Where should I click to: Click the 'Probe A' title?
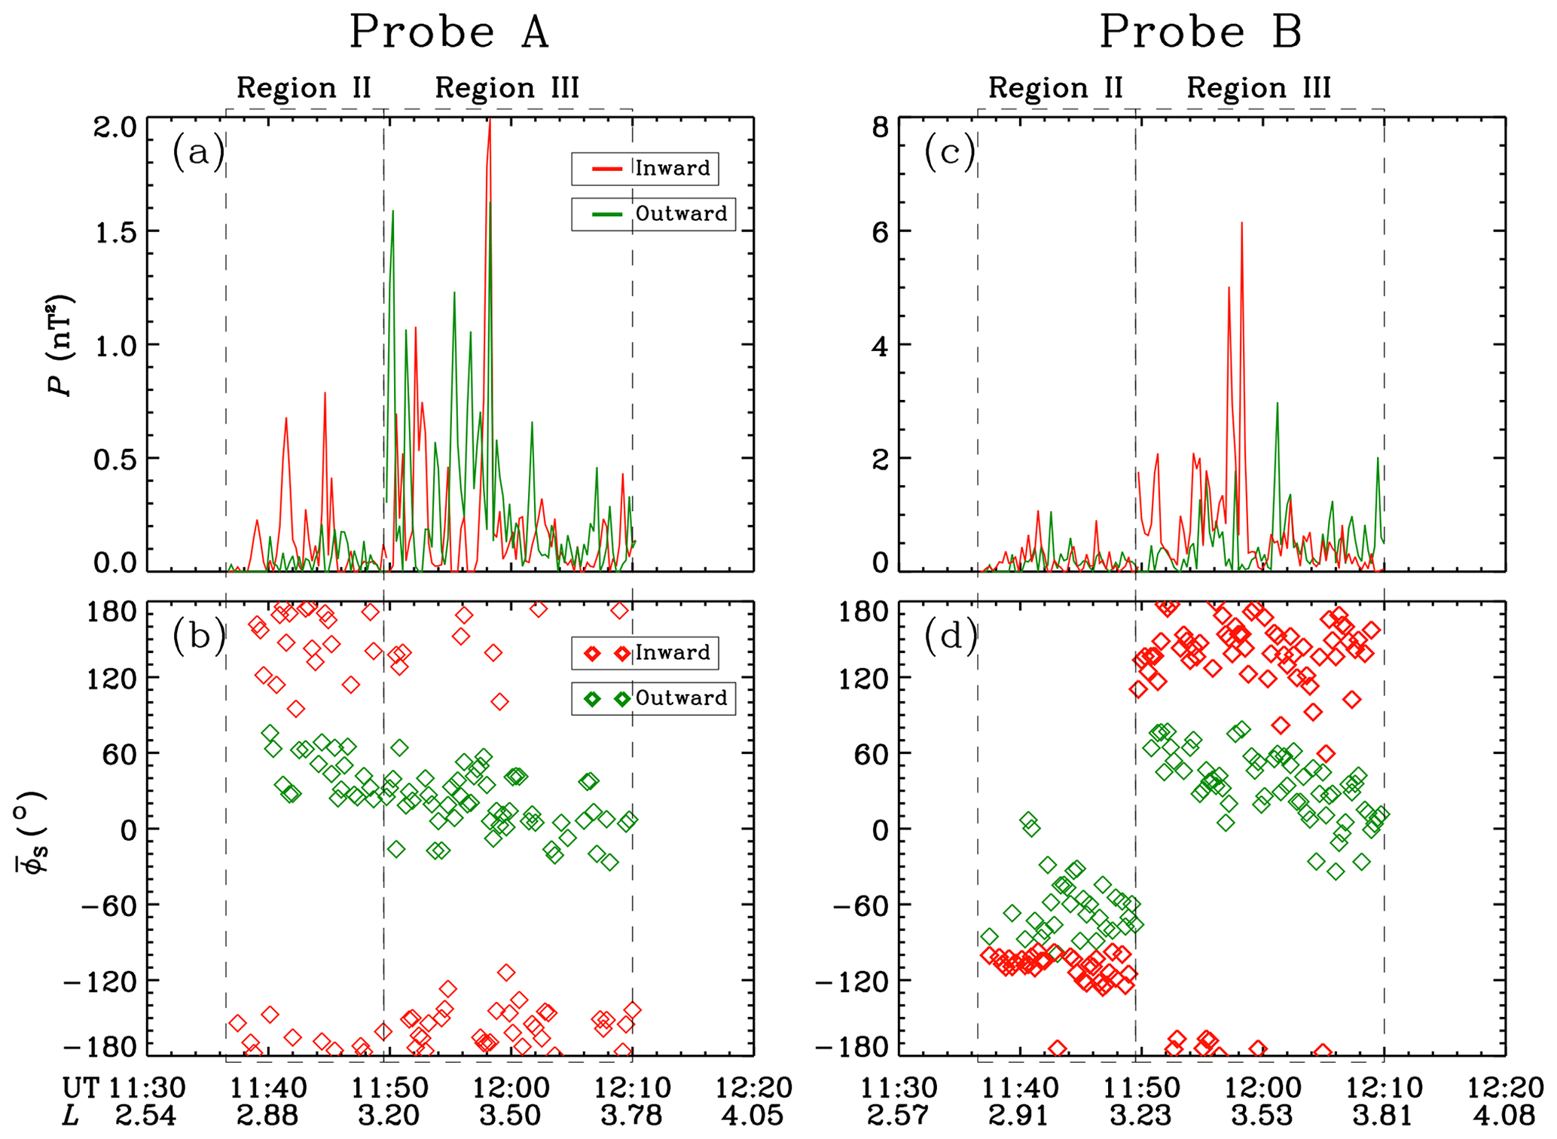click(x=449, y=32)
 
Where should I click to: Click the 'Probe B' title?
click(x=1201, y=32)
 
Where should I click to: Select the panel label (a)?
click(x=198, y=153)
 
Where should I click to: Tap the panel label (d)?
click(x=951, y=637)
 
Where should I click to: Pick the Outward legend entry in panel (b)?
click(x=653, y=698)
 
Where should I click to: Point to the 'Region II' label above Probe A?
click(x=304, y=88)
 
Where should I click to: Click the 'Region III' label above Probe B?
click(x=1259, y=88)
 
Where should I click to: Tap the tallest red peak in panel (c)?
click(x=1241, y=224)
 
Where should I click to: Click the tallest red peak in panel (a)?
click(x=490, y=121)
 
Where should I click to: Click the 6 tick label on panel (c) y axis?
click(x=880, y=232)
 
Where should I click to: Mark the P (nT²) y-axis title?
click(x=60, y=345)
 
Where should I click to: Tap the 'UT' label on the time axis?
click(x=81, y=1088)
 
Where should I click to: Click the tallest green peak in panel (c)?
click(x=1277, y=403)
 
